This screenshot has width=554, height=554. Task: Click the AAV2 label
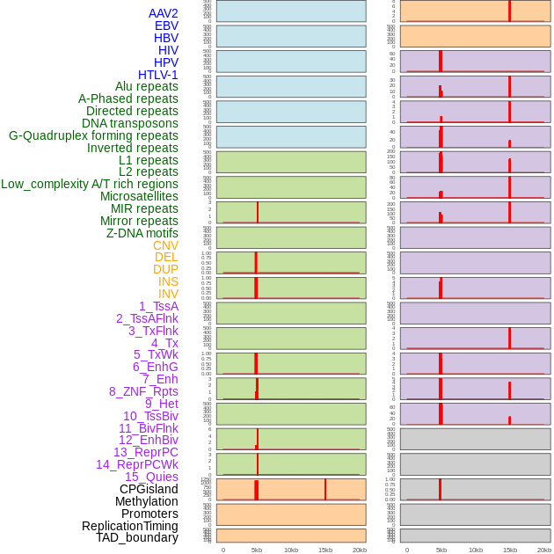(x=163, y=13)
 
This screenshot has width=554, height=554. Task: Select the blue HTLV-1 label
(x=157, y=75)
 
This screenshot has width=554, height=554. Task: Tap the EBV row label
(x=166, y=26)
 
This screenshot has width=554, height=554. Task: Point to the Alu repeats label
(x=146, y=86)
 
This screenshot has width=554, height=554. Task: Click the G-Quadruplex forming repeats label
(x=93, y=135)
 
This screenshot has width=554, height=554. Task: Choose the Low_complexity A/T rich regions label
(x=90, y=184)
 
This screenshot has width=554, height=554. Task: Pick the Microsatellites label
(x=139, y=196)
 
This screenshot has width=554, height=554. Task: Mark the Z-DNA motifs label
(x=142, y=233)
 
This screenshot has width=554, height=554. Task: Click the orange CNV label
(x=165, y=245)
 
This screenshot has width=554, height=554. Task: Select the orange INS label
(x=168, y=281)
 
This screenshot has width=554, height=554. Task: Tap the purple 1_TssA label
(x=158, y=306)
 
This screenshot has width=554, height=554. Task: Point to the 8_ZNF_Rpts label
(x=143, y=391)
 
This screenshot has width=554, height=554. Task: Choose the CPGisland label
(x=149, y=489)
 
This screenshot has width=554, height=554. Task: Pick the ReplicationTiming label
(x=129, y=526)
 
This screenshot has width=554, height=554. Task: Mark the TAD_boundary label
(x=136, y=537)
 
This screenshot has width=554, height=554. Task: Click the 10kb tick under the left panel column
(x=291, y=550)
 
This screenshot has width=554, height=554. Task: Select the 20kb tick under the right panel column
(x=543, y=550)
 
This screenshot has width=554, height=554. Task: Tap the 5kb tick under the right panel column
(x=441, y=550)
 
